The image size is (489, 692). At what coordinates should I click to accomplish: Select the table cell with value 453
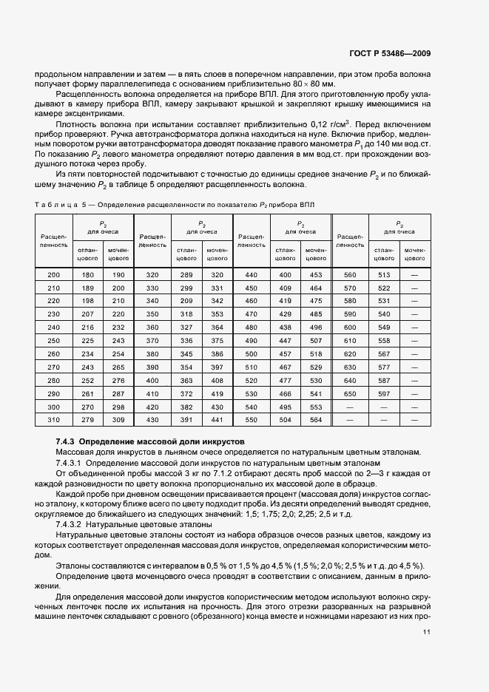click(316, 275)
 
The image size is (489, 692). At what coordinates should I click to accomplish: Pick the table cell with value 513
click(384, 275)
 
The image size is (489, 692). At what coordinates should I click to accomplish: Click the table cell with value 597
click(384, 394)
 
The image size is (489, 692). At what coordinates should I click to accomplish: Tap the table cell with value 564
click(316, 420)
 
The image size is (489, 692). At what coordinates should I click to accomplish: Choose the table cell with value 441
click(217, 420)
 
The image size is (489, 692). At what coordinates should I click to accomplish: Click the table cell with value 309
click(118, 420)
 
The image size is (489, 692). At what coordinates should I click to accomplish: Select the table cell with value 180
click(87, 275)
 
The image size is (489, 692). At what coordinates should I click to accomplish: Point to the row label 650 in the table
click(350, 394)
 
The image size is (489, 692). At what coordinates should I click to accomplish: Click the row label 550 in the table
click(251, 420)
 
